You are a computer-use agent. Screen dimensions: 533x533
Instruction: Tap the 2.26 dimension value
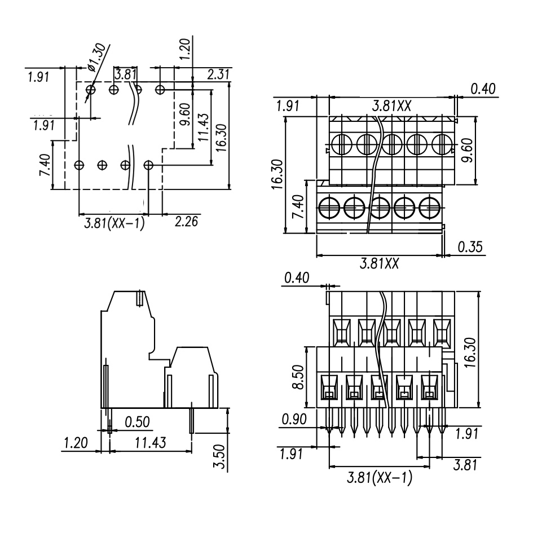click(187, 222)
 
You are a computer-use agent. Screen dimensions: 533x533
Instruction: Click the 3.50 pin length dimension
click(222, 457)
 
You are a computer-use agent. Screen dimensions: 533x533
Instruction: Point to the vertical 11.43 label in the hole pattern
click(204, 129)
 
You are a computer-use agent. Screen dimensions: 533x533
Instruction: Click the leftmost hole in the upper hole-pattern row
click(91, 89)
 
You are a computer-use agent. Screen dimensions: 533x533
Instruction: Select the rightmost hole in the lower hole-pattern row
click(149, 165)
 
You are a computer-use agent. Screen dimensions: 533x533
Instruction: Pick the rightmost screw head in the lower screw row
click(430, 207)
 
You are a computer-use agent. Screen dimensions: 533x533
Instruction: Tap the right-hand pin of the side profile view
click(192, 420)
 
